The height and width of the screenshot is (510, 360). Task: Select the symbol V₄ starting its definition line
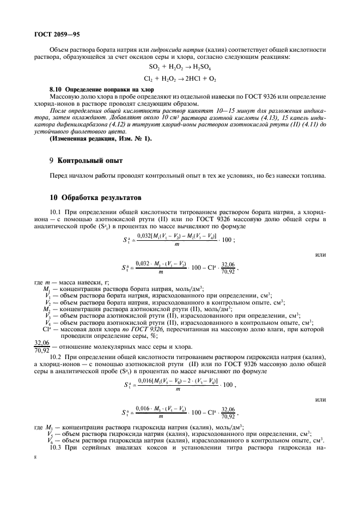(48, 321)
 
